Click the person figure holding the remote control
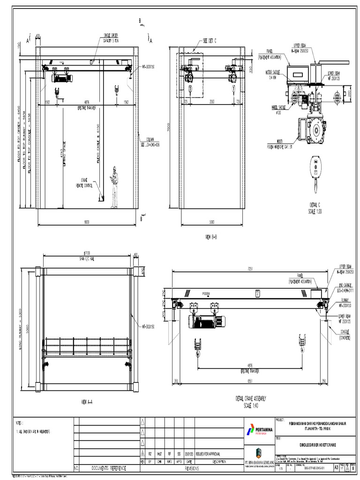coord(114,187)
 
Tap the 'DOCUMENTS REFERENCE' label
coord(108,468)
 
